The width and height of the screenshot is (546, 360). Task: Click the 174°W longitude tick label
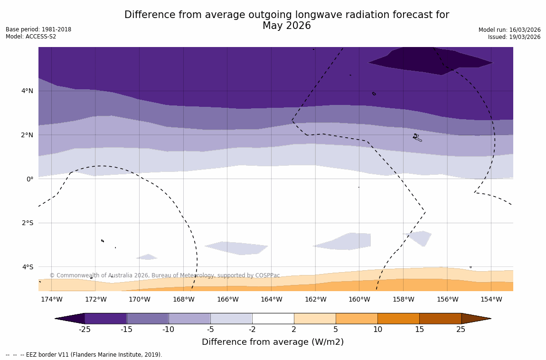pyautogui.click(x=51, y=300)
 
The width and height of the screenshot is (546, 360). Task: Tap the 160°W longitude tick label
pyautogui.click(x=359, y=300)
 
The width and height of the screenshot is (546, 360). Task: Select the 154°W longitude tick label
pyautogui.click(x=491, y=300)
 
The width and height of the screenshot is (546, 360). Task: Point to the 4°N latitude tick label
pyautogui.click(x=28, y=91)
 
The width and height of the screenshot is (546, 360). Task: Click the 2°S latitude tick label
pyautogui.click(x=27, y=223)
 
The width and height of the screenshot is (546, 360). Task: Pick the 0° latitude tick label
pyautogui.click(x=30, y=179)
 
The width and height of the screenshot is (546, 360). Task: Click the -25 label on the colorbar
pyautogui.click(x=85, y=330)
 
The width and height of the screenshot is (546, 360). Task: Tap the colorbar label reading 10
pyautogui.click(x=377, y=330)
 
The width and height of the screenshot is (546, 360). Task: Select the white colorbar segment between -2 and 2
pyautogui.click(x=273, y=319)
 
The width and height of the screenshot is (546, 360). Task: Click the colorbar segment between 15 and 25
pyautogui.click(x=440, y=319)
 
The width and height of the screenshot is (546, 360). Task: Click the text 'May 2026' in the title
pyautogui.click(x=287, y=26)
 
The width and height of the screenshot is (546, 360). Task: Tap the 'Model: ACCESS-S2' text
pyautogui.click(x=31, y=37)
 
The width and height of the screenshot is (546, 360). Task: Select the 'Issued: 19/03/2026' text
pyautogui.click(x=514, y=37)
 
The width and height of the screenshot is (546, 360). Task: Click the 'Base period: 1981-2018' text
pyautogui.click(x=38, y=29)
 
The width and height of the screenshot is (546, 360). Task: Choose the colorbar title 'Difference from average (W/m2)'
pyautogui.click(x=273, y=342)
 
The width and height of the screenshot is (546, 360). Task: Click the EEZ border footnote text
pyautogui.click(x=84, y=355)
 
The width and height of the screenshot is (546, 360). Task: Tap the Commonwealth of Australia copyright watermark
pyautogui.click(x=165, y=275)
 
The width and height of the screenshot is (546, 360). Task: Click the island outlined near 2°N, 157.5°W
pyautogui.click(x=417, y=138)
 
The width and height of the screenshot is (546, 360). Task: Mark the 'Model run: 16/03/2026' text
pyautogui.click(x=509, y=30)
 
